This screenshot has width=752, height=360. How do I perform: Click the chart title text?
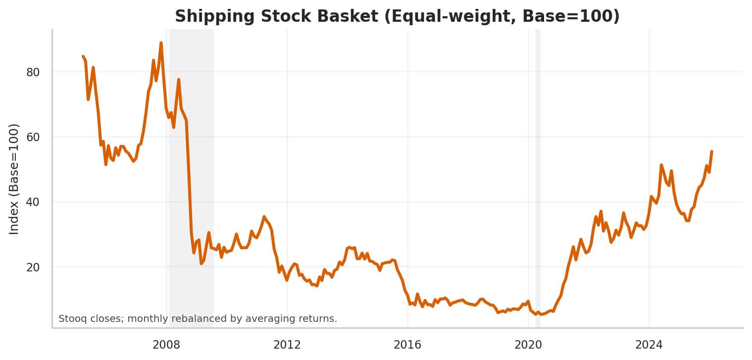point(397,16)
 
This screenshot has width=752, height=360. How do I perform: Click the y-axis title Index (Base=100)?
point(14,179)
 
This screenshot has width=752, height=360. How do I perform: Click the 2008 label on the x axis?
point(166,345)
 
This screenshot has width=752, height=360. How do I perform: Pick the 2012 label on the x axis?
point(287,345)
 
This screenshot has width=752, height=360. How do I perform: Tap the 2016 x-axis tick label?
point(407,345)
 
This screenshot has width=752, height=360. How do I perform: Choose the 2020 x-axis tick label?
point(528,345)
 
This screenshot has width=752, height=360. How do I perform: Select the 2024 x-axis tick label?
point(649,345)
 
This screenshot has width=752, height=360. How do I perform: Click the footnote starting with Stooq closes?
point(198,319)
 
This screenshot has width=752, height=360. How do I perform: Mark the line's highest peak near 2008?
point(161,43)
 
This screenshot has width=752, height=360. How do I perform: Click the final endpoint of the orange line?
point(711,152)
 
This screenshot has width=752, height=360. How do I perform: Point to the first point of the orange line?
point(83,56)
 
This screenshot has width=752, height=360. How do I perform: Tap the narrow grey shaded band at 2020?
point(538,178)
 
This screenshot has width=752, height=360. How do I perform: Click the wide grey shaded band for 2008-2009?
point(191,178)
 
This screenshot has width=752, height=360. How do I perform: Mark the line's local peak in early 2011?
point(264,216)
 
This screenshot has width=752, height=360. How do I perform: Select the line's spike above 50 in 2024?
point(661,165)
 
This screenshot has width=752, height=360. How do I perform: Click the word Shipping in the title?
point(203,16)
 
